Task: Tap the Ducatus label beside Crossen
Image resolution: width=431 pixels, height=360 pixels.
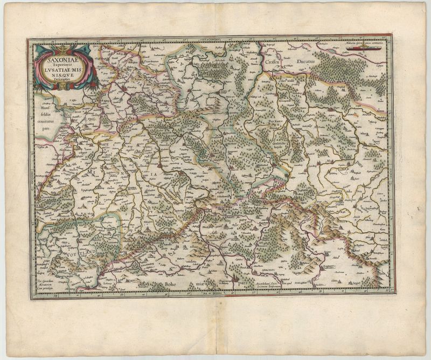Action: pyautogui.click(x=308, y=62)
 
